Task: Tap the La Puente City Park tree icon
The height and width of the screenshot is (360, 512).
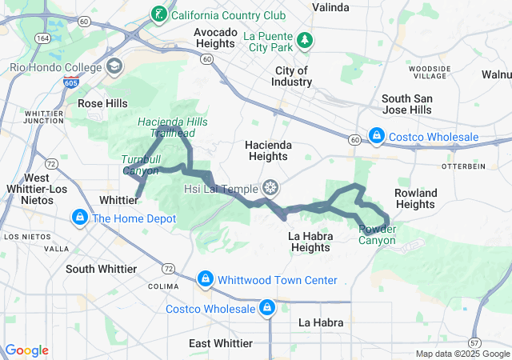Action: pyautogui.click(x=304, y=39)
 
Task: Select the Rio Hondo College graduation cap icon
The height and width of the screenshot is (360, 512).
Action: pyautogui.click(x=114, y=66)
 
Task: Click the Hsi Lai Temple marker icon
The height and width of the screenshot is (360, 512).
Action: pyautogui.click(x=271, y=188)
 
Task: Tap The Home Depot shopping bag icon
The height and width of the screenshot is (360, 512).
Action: pyautogui.click(x=80, y=218)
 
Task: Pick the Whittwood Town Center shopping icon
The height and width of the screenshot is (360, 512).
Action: pyautogui.click(x=206, y=278)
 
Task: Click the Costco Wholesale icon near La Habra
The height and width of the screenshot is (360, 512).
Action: pyautogui.click(x=266, y=307)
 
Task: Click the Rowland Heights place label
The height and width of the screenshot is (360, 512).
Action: pyautogui.click(x=416, y=198)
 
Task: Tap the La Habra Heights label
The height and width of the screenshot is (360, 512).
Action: pyautogui.click(x=309, y=242)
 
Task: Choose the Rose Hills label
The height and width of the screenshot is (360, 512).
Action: pyautogui.click(x=102, y=103)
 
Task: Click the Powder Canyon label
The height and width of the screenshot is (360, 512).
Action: pyautogui.click(x=377, y=234)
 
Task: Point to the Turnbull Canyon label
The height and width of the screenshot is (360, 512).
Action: pyautogui.click(x=140, y=164)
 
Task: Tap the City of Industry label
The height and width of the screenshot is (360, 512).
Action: pyautogui.click(x=292, y=76)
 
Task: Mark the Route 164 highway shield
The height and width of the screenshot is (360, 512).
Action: pyautogui.click(x=40, y=38)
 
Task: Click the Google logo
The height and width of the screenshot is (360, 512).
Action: pyautogui.click(x=27, y=350)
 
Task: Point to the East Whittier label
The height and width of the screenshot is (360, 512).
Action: pyautogui.click(x=221, y=343)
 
